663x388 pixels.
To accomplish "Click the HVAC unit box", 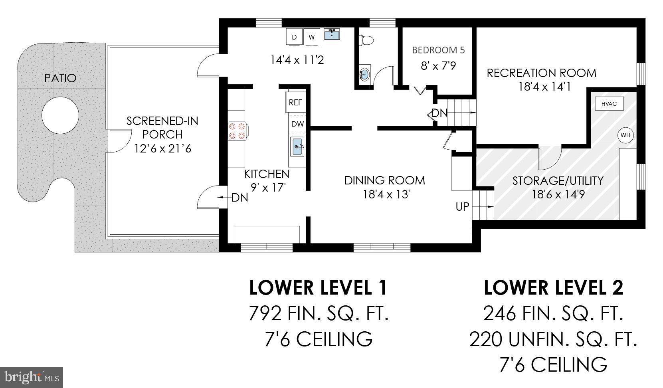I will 609,104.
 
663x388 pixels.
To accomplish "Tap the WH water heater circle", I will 625,135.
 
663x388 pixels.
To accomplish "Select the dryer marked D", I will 294,37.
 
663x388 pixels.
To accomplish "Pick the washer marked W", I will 312,37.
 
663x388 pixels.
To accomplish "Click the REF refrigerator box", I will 295,102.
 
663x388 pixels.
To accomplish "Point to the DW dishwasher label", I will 297,124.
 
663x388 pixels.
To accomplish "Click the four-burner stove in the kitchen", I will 237,131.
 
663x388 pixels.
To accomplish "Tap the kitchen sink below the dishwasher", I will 297,146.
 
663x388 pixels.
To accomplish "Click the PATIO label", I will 60,78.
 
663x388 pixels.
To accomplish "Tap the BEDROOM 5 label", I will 438,50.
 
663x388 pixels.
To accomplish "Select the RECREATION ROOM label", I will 541,73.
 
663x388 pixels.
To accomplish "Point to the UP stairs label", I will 462,207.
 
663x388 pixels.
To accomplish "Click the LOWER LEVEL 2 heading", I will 553,288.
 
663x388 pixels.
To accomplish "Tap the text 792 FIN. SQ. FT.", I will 318,313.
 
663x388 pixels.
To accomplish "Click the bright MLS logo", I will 32,377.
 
